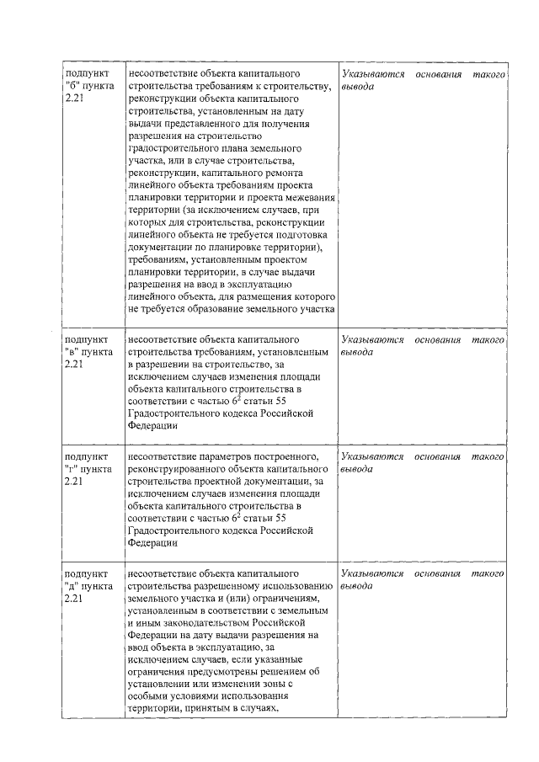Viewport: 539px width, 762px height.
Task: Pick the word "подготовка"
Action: click(305, 235)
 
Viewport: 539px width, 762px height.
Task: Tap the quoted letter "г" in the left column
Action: click(70, 468)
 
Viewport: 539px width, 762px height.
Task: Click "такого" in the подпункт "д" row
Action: click(488, 573)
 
